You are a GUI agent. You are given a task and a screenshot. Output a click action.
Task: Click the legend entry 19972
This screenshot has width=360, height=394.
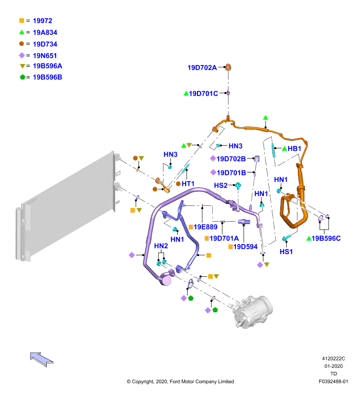[x=42, y=21]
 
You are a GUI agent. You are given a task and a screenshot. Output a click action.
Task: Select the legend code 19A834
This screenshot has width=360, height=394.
[x=45, y=33]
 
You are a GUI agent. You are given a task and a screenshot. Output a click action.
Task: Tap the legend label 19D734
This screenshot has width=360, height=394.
[x=45, y=44]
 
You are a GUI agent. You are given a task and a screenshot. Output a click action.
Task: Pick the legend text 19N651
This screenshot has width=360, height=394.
[x=45, y=56]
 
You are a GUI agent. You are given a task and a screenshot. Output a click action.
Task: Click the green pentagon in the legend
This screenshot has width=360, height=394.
[x=23, y=77]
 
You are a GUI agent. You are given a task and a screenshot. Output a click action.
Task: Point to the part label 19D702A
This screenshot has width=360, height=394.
[x=202, y=67]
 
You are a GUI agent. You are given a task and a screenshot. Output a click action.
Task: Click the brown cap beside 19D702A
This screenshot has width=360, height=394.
[x=228, y=67]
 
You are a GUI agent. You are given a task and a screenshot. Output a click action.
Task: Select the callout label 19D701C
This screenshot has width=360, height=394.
[x=203, y=94]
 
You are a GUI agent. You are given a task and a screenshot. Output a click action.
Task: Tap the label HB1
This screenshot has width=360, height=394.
[x=294, y=149]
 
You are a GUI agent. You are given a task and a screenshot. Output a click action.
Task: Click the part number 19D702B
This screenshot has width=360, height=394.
[x=231, y=159]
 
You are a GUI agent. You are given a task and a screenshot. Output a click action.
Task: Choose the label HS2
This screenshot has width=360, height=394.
[x=221, y=186]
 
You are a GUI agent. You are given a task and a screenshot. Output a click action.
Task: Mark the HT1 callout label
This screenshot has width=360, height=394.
[x=188, y=184]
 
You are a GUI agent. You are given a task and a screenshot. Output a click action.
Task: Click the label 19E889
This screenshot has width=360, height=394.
[x=205, y=227]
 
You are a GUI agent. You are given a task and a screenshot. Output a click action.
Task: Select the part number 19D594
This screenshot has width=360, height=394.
[x=245, y=247]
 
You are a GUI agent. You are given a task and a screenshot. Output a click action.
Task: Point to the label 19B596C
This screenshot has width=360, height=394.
[x=326, y=238]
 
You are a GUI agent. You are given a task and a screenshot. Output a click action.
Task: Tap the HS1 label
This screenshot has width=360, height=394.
[x=286, y=252]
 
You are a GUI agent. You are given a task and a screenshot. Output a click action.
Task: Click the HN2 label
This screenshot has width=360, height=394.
[x=161, y=246]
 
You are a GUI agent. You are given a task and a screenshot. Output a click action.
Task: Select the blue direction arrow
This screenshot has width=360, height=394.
[x=41, y=360]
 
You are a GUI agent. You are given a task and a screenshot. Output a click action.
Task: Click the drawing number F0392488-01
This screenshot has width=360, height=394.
[x=333, y=381]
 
